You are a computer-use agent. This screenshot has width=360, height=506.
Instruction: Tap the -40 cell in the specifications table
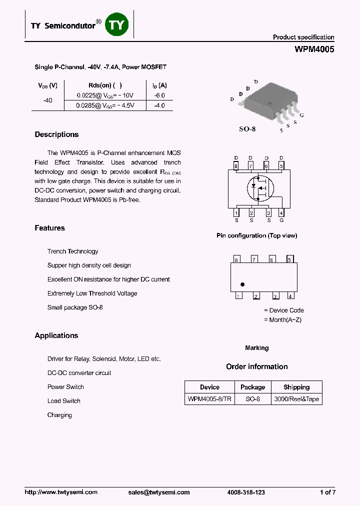click(47, 100)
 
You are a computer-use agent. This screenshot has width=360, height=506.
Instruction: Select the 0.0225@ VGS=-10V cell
click(105, 95)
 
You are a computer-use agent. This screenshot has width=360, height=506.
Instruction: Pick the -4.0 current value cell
click(159, 106)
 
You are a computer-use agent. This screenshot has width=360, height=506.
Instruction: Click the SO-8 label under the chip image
click(247, 129)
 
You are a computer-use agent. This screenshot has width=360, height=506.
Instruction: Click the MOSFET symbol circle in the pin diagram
click(258, 188)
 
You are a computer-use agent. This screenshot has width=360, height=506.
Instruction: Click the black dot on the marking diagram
click(242, 284)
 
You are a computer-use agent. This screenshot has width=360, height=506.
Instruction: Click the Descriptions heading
click(56, 134)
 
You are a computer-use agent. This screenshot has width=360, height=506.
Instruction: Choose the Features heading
click(49, 228)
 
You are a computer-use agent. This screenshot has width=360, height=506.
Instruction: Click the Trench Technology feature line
click(72, 251)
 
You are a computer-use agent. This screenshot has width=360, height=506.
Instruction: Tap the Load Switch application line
click(63, 401)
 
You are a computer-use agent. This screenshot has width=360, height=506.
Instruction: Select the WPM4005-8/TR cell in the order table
click(209, 399)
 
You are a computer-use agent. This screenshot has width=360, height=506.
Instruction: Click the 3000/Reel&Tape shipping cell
click(296, 399)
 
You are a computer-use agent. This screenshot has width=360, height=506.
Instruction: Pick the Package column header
click(252, 387)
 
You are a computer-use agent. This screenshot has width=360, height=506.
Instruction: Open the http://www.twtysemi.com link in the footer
click(61, 492)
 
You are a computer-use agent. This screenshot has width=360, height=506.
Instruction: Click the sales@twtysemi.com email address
click(159, 492)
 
